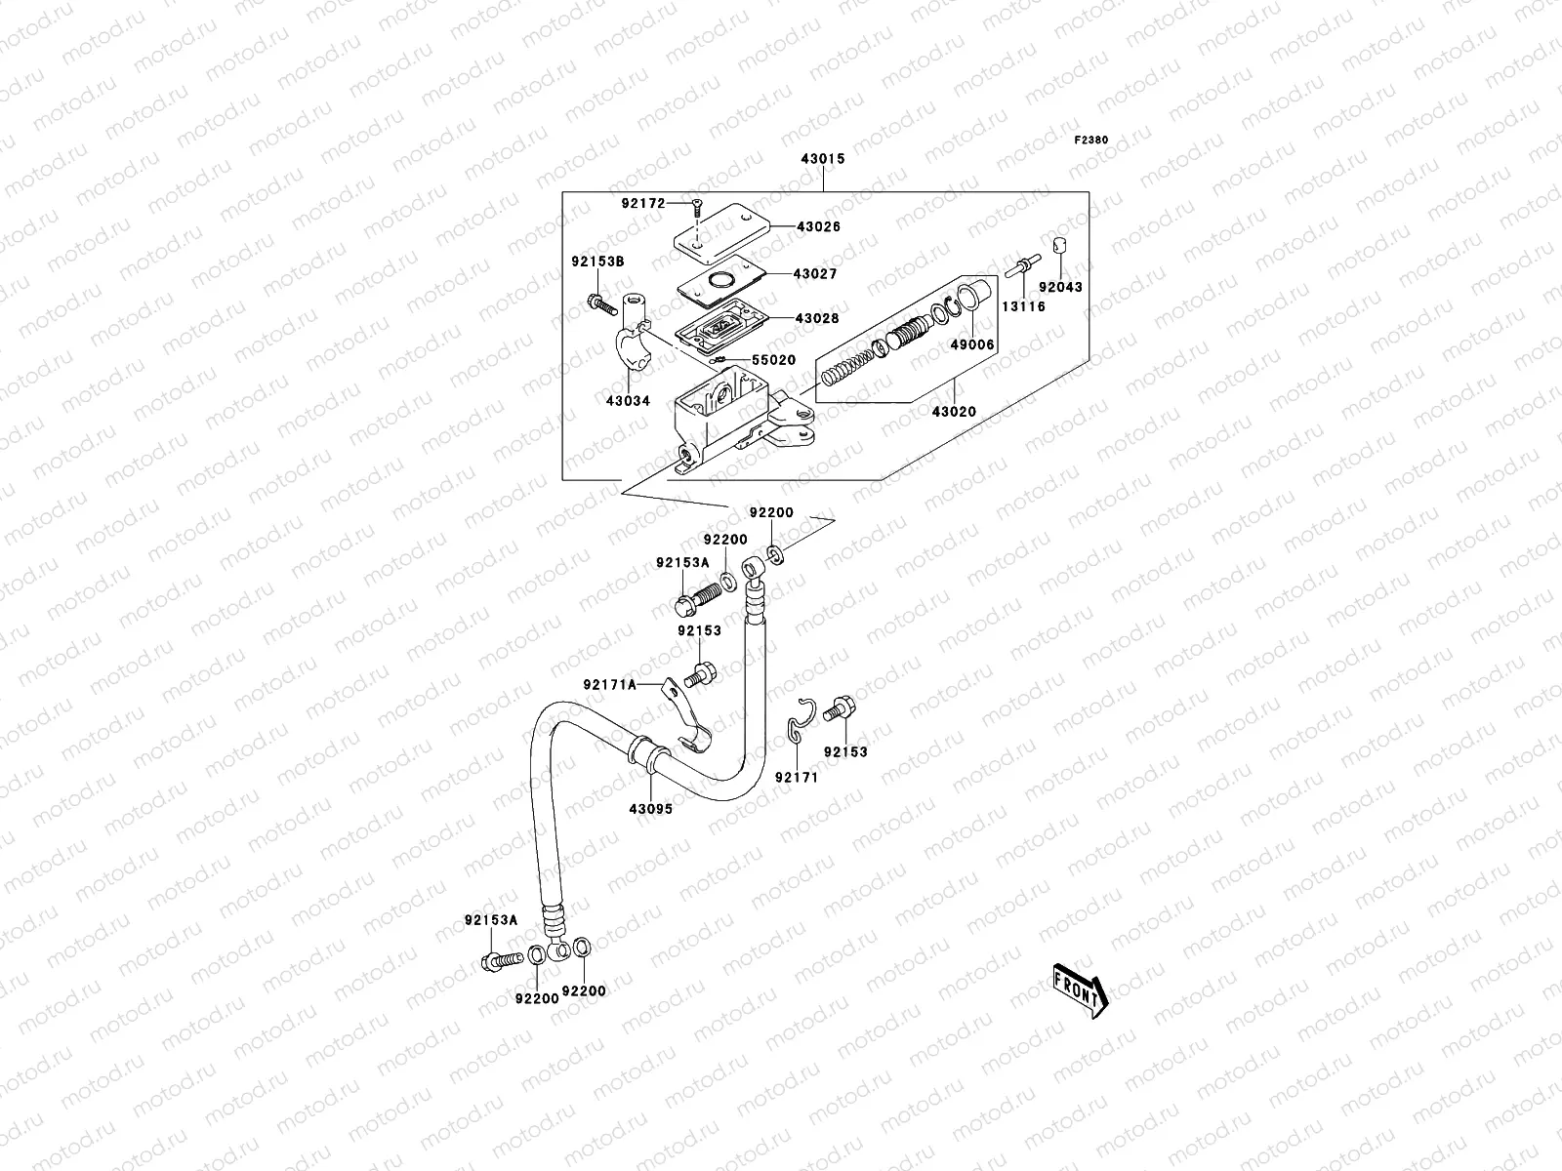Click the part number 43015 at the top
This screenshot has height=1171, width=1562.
pyautogui.click(x=823, y=158)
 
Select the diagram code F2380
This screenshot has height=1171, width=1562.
pyautogui.click(x=1091, y=141)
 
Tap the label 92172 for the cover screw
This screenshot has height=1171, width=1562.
pyautogui.click(x=642, y=204)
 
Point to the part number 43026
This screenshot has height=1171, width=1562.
pyautogui.click(x=818, y=226)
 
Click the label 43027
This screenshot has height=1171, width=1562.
pyautogui.click(x=816, y=275)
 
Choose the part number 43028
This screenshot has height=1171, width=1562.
pyautogui.click(x=817, y=319)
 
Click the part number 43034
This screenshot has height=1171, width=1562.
pyautogui.click(x=628, y=401)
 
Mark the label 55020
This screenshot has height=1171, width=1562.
pyautogui.click(x=773, y=360)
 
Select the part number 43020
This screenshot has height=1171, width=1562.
pyautogui.click(x=953, y=413)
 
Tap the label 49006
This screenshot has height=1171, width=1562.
pyautogui.click(x=972, y=345)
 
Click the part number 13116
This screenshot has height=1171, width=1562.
pyautogui.click(x=1022, y=306)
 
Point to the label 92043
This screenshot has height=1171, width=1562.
pyautogui.click(x=1059, y=288)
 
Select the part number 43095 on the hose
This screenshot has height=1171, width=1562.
pyautogui.click(x=650, y=809)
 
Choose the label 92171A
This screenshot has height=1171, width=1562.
pyautogui.click(x=610, y=685)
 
